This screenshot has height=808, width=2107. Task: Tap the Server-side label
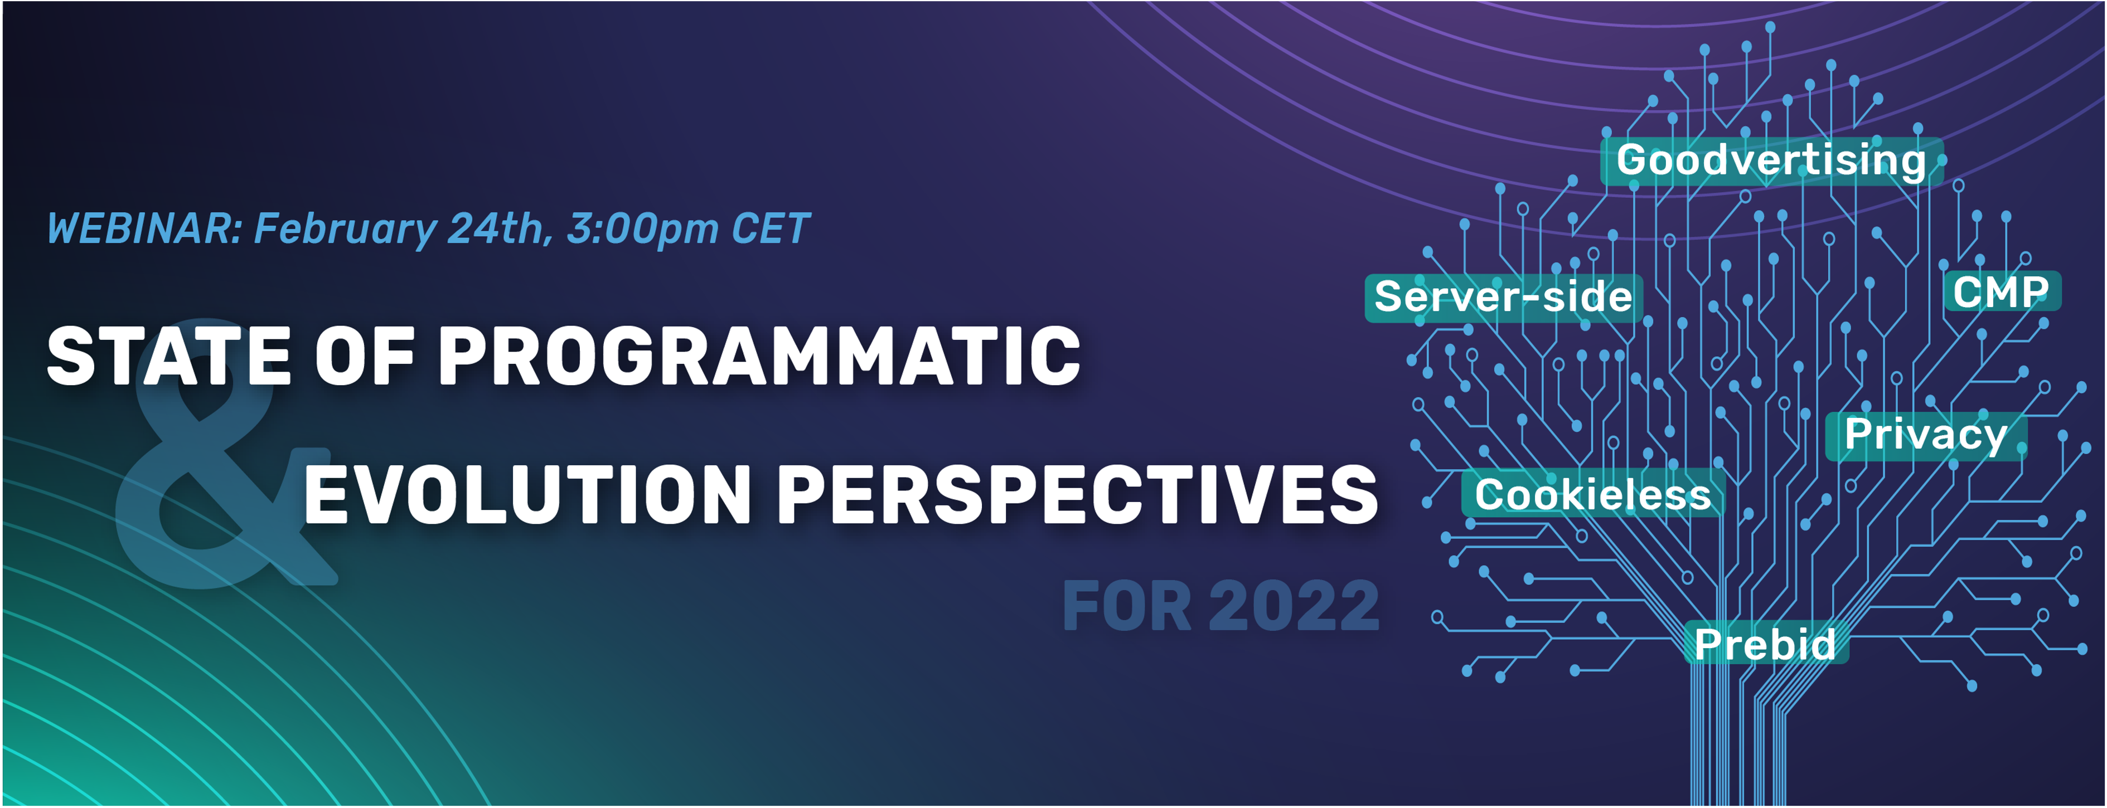1503,297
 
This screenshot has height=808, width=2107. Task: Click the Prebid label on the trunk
1765,644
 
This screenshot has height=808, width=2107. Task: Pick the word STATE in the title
169,355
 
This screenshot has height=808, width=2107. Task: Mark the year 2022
1294,606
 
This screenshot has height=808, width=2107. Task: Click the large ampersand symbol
225,454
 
